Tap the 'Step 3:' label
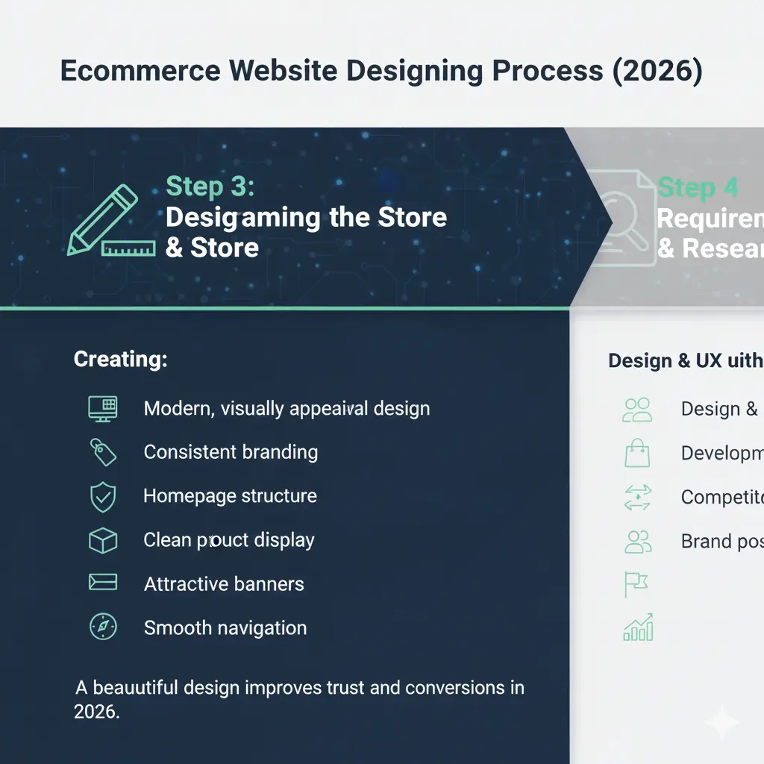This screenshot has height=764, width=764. tap(210, 187)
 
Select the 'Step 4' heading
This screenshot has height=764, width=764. tap(698, 187)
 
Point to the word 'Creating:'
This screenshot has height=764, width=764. tap(120, 360)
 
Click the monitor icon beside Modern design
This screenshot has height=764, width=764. tap(103, 408)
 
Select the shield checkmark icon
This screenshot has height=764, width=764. tap(102, 497)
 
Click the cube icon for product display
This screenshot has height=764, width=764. tap(102, 540)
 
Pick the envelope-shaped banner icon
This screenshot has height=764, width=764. tap(102, 583)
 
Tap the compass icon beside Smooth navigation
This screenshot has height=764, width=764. tap(102, 627)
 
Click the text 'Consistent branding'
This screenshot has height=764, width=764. tap(231, 452)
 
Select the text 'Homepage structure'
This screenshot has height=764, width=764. tap(230, 496)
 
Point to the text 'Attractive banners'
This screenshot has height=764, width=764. tap(224, 583)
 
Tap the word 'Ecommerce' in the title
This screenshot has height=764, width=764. tap(140, 71)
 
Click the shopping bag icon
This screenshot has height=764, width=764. tap(637, 454)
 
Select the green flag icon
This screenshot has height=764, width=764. tap(635, 584)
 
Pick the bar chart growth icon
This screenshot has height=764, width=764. tap(638, 628)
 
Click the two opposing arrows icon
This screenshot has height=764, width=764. tap(637, 498)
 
